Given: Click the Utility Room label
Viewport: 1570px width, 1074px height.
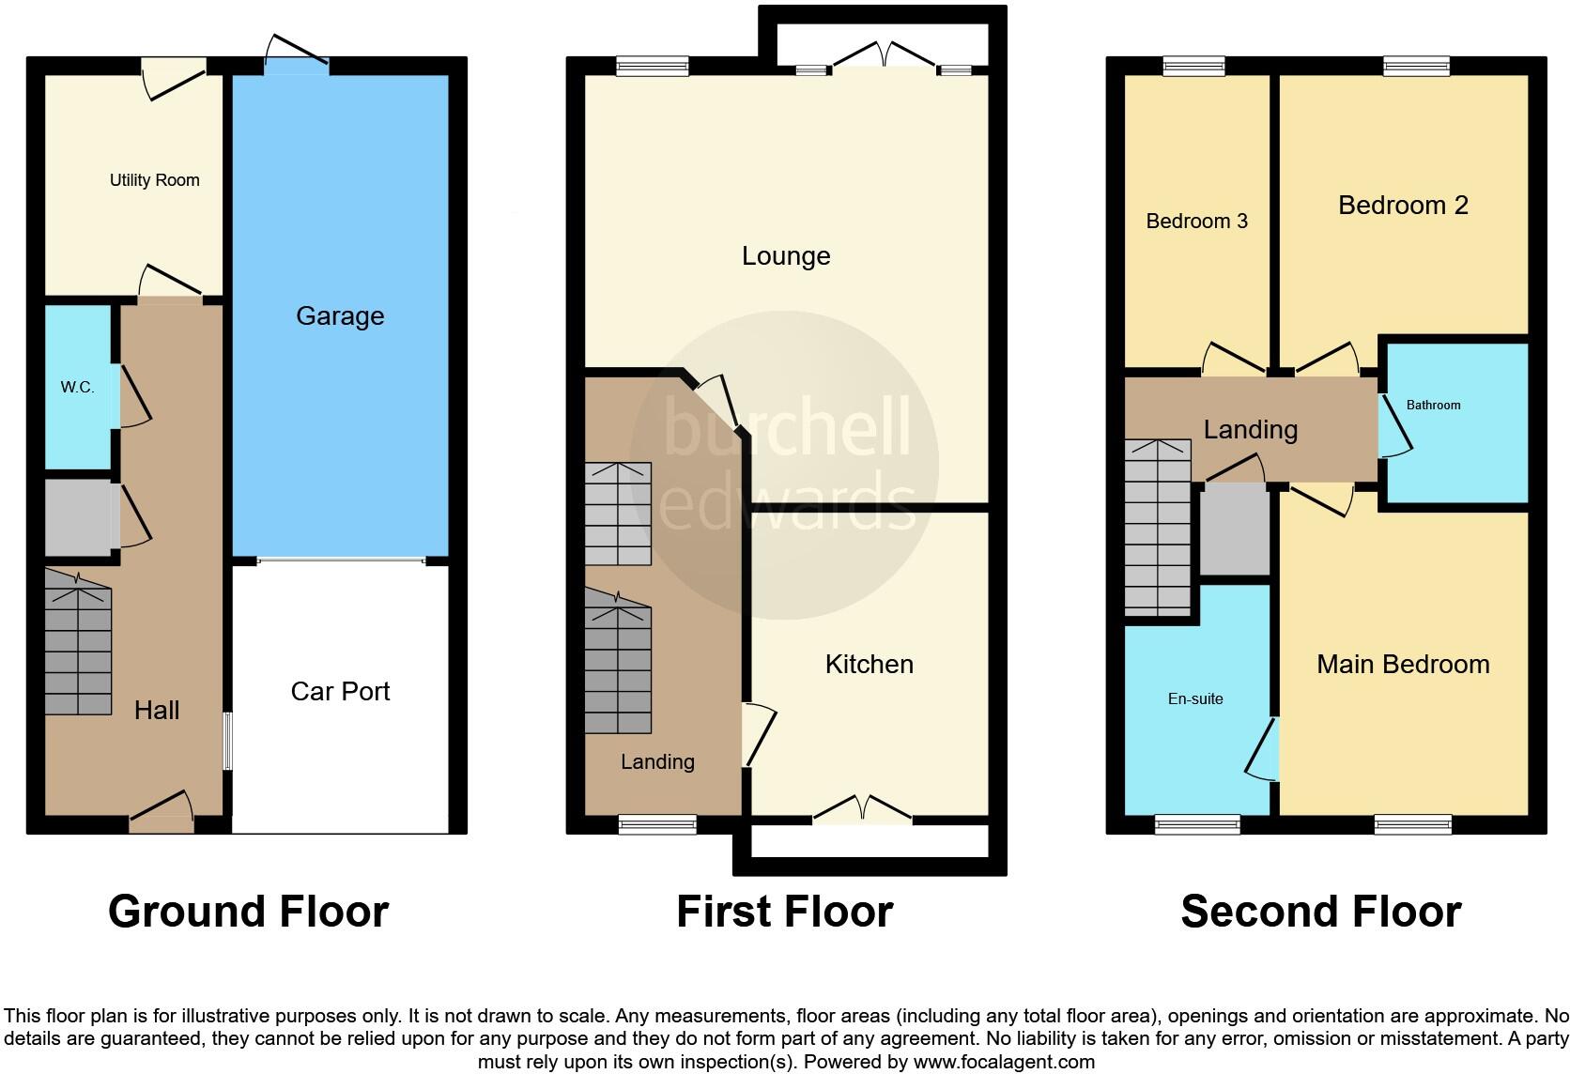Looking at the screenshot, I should pos(154,180).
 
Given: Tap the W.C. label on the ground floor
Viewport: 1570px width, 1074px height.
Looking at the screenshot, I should pos(77,387).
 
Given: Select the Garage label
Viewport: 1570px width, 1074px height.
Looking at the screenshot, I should pos(340,315).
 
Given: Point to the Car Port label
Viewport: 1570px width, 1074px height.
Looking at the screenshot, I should pos(340,692).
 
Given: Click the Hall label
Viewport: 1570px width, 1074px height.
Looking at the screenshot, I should pos(157,711).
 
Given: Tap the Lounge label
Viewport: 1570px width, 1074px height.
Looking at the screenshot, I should pos(786,256).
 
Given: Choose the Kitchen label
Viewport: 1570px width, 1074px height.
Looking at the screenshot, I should pos(869,665).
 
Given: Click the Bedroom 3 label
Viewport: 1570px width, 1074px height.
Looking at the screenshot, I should pos(1196,222).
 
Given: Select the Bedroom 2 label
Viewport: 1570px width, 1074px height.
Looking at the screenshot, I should pos(1403,206).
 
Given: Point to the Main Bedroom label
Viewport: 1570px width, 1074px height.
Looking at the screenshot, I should pos(1403,665).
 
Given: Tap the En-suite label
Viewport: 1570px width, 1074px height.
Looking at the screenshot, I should pos(1195,698).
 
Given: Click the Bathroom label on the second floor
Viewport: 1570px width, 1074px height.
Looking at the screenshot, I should pos(1433,406).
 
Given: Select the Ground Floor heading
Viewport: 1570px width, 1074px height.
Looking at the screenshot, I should pos(248,912).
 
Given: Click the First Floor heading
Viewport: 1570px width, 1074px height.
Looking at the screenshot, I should pos(784,912).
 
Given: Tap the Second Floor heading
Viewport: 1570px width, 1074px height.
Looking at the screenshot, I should pos(1320,912).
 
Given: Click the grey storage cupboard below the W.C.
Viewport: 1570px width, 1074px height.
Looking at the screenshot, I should pos(79,517).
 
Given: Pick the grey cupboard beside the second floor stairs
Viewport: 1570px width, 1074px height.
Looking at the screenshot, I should pos(1235,529).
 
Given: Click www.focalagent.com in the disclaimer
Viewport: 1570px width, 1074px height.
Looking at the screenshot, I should pos(1003,1063).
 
